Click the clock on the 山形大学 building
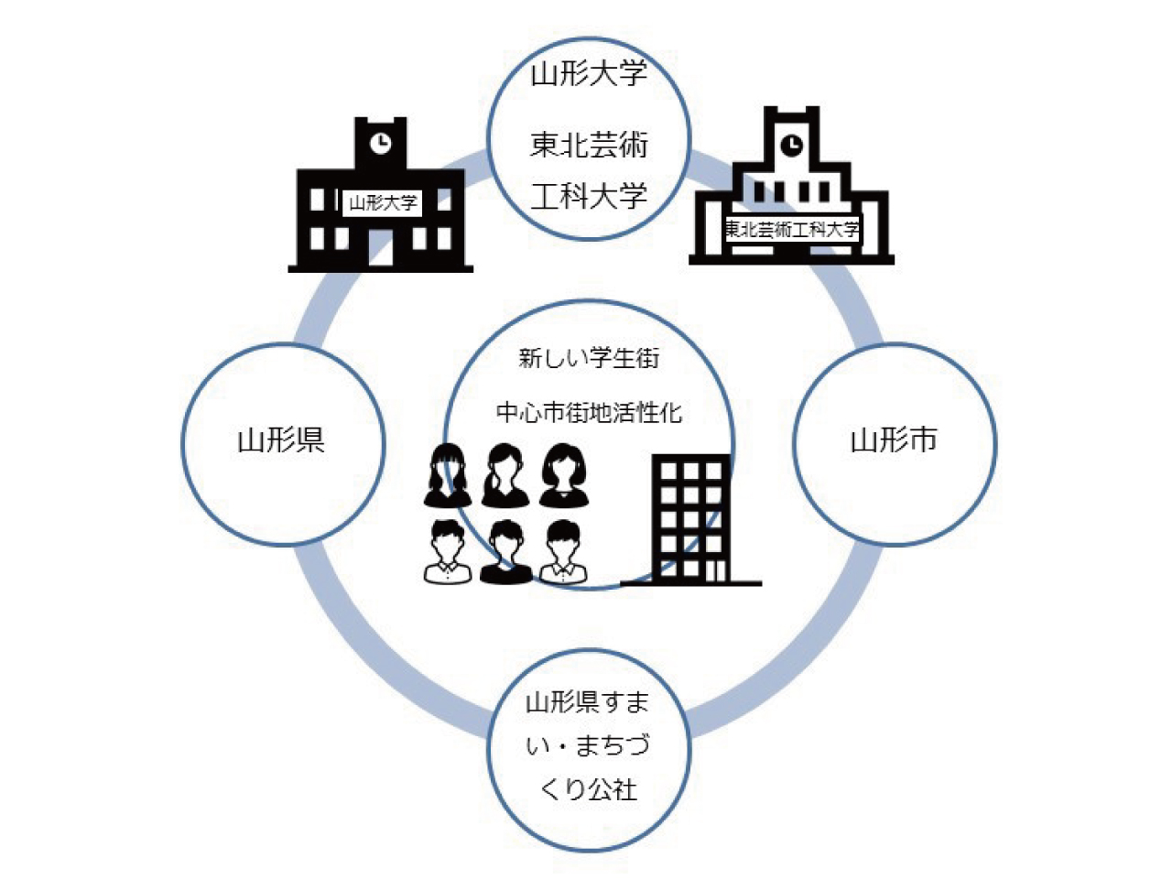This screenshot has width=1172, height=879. coord(381,144)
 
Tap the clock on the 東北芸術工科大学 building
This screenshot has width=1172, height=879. coord(791,144)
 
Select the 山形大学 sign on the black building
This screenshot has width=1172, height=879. coord(383,202)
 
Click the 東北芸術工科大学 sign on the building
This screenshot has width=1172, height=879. coord(792,230)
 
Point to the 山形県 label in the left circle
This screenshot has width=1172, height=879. coord(281,440)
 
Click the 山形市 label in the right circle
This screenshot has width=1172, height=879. coord(894,440)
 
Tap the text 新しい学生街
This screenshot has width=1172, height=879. coord(589,358)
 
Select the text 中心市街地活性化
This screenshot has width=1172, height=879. coord(589,413)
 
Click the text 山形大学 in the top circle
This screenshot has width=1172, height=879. coord(589,73)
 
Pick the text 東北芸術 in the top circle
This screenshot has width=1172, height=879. coord(589,146)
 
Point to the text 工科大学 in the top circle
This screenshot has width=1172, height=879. coord(589,196)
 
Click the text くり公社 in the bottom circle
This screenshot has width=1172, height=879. coord(589,790)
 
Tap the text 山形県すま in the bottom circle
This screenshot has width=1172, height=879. coord(587,702)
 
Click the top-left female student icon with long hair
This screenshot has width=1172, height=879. coord(448,475)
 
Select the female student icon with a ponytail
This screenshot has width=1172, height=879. coord(505,475)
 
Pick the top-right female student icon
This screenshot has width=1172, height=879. coord(564,475)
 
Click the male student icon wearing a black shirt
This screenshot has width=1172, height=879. coord(505,552)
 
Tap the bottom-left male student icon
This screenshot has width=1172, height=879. coord(448,552)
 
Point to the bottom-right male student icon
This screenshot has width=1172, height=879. coord(564,552)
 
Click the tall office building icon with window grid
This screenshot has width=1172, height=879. coord(691,520)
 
